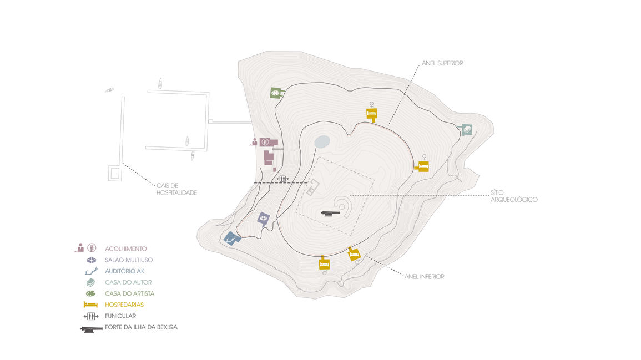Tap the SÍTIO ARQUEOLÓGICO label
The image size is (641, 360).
[514, 196]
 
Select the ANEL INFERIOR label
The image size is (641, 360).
[425, 276]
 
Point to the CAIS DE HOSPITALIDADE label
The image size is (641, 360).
[176, 189]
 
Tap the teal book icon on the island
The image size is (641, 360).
[467, 130]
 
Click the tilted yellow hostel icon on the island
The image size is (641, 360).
[354, 254]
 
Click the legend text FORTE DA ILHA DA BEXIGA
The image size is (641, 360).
[141, 327]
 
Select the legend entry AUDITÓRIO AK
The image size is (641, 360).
[125, 271]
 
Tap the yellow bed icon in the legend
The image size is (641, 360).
[90, 305]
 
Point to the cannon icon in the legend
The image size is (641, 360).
[90, 328]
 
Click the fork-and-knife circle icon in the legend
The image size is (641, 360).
[93, 248]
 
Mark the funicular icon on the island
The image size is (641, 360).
[283, 179]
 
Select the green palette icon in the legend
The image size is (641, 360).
[90, 293]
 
